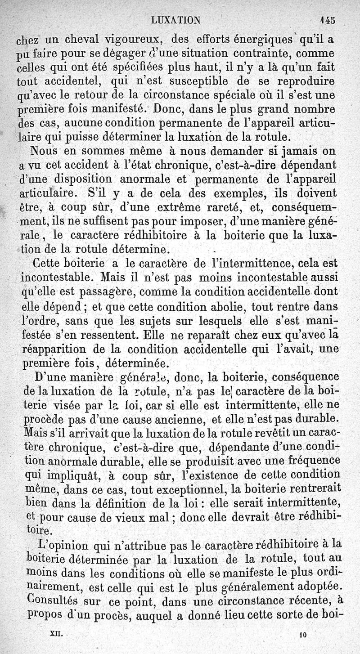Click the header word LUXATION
click(x=176, y=20)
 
